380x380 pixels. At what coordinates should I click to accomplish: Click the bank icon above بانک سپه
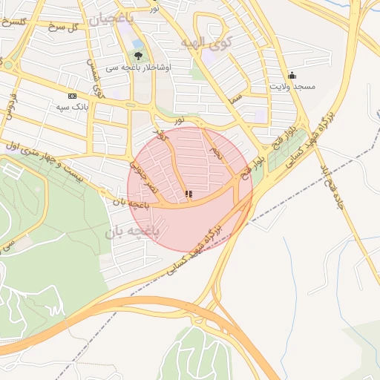72,96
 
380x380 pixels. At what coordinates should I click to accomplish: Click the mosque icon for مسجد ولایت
292,75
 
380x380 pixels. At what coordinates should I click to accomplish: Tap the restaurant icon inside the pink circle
189,194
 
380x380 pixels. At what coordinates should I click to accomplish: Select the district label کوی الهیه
206,42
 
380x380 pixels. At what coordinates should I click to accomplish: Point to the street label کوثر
162,139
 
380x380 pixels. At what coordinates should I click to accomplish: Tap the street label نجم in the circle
214,154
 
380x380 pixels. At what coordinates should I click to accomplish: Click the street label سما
237,94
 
